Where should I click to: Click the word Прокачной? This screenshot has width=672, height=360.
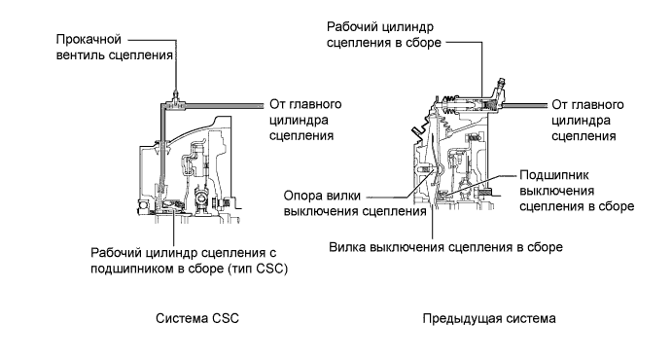[88, 40]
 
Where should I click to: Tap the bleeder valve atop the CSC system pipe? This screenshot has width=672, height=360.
[176, 94]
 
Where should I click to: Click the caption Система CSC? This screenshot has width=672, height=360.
[197, 318]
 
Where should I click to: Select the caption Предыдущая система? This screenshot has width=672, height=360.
[489, 319]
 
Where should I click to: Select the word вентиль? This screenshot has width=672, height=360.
[80, 55]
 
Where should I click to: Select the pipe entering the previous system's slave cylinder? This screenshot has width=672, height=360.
[524, 105]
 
